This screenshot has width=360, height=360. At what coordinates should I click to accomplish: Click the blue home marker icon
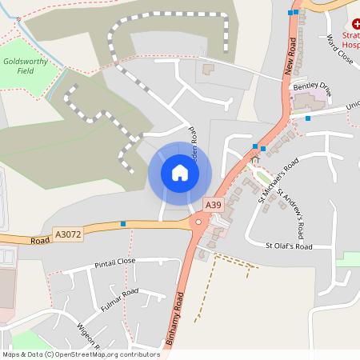[180, 172]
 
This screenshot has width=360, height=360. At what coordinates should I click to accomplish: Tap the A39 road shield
[213, 206]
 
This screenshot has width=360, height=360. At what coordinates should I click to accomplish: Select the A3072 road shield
[67, 234]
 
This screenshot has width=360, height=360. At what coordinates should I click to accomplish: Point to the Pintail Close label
[115, 262]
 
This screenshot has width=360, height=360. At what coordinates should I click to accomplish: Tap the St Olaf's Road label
[289, 246]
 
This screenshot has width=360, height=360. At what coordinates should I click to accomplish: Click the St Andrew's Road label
[290, 214]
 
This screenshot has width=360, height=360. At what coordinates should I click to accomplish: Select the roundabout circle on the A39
[198, 222]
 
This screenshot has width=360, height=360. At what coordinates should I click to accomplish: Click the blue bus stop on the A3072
[122, 224]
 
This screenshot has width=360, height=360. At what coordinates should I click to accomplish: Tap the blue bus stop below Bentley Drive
[308, 118]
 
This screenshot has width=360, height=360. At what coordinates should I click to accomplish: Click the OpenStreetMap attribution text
[81, 354]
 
